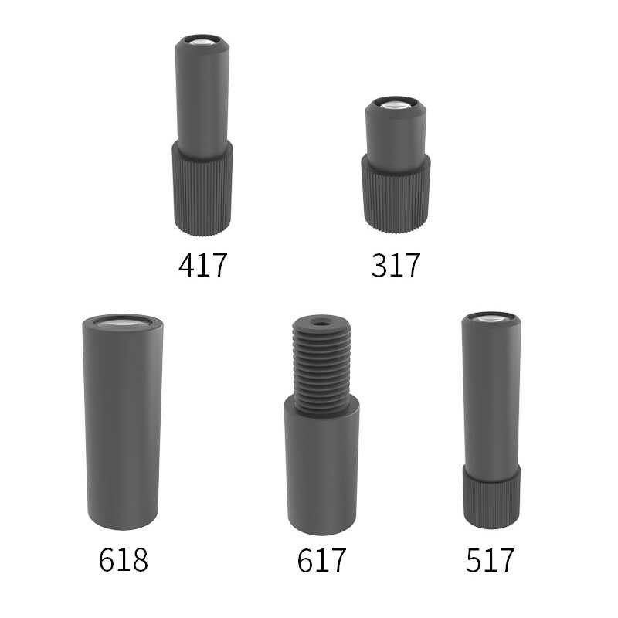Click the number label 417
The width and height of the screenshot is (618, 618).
click(x=203, y=265)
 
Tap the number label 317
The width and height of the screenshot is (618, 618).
click(x=396, y=265)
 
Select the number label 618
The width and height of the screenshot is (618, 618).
click(x=124, y=559)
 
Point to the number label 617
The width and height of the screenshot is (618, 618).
click(x=321, y=559)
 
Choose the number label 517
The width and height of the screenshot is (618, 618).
click(x=491, y=559)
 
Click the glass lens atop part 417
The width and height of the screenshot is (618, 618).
click(x=202, y=42)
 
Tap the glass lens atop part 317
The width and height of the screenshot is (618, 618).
click(x=396, y=104)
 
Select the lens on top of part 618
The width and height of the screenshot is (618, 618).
click(x=123, y=324)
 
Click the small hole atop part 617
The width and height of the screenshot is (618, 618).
click(x=322, y=324)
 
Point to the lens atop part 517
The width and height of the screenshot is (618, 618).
click(x=491, y=317)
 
